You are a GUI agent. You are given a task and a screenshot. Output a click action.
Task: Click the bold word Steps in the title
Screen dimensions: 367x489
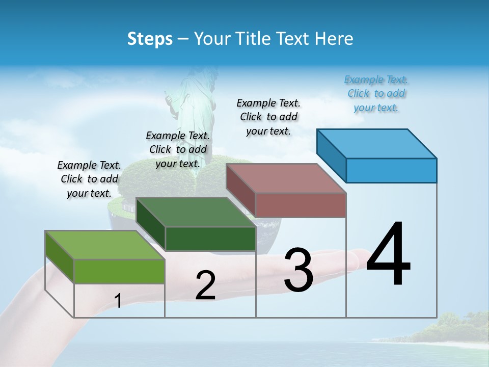[x=149, y=39]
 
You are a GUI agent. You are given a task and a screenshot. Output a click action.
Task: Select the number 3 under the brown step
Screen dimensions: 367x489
[x=298, y=270]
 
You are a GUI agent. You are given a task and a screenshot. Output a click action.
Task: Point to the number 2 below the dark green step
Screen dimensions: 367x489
[x=205, y=285]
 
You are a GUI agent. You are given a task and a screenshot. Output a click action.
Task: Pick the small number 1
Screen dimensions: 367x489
[x=118, y=301]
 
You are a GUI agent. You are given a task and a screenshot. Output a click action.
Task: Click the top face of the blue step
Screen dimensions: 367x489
[x=377, y=143]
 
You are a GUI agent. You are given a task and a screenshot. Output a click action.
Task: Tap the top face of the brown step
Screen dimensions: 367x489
[x=286, y=178]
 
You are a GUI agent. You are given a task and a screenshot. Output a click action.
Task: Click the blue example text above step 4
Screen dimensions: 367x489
[x=376, y=94]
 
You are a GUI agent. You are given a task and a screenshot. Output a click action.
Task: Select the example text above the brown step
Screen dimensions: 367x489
[x=268, y=117]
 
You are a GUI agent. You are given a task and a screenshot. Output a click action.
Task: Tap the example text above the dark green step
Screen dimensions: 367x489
[x=178, y=149]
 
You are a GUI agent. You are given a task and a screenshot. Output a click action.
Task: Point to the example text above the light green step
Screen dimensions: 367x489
[x=89, y=179]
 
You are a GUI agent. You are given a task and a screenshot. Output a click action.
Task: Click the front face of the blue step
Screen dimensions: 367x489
[x=391, y=170]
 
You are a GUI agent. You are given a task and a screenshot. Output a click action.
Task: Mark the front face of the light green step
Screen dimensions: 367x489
[x=119, y=271]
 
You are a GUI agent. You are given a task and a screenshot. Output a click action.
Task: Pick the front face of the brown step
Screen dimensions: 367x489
[x=301, y=205]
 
